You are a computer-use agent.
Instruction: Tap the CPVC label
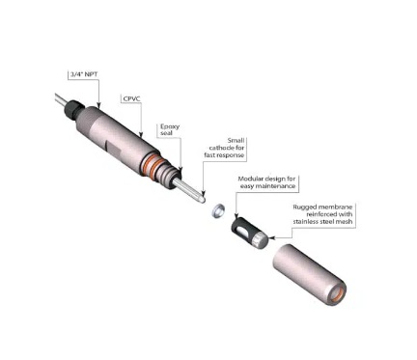(x=132, y=97)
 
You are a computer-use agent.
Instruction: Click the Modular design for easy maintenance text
(x=272, y=183)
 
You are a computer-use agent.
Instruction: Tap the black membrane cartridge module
(x=249, y=228)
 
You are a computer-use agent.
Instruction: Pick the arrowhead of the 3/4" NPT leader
(x=99, y=106)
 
